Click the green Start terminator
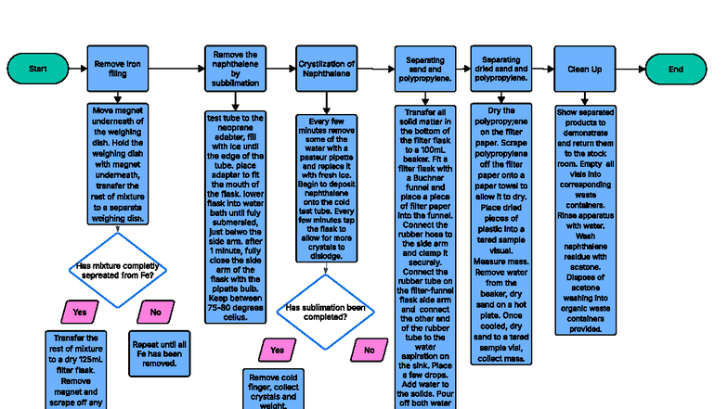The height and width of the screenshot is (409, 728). click(x=38, y=70)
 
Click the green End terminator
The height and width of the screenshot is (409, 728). click(x=675, y=70)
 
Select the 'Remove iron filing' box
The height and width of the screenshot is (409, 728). click(x=117, y=70)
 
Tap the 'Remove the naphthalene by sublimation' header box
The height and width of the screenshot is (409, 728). click(x=234, y=69)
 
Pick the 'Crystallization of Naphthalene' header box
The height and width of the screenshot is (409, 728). click(x=326, y=69)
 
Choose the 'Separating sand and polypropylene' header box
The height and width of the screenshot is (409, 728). click(x=425, y=69)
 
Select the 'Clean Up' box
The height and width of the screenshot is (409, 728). click(x=584, y=70)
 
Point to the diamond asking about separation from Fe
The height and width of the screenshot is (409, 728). click(x=116, y=271)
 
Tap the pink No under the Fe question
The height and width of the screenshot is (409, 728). click(x=155, y=313)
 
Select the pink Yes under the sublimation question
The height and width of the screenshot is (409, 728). click(x=277, y=351)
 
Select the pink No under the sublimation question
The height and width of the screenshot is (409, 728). click(x=368, y=351)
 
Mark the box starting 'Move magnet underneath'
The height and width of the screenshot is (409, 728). click(x=117, y=164)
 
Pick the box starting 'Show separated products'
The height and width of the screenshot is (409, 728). click(x=585, y=219)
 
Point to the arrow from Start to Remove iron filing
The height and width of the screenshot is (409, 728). click(x=78, y=70)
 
